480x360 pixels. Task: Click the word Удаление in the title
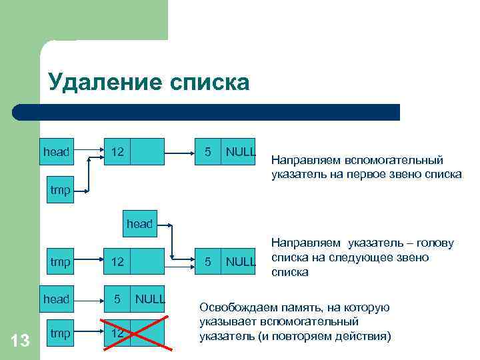(105, 83)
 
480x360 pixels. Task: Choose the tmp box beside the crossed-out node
(60, 333)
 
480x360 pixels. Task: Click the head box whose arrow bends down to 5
(140, 223)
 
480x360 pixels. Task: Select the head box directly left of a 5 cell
(56, 299)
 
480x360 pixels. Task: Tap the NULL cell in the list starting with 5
(149, 299)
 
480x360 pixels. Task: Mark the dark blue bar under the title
(207, 111)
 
